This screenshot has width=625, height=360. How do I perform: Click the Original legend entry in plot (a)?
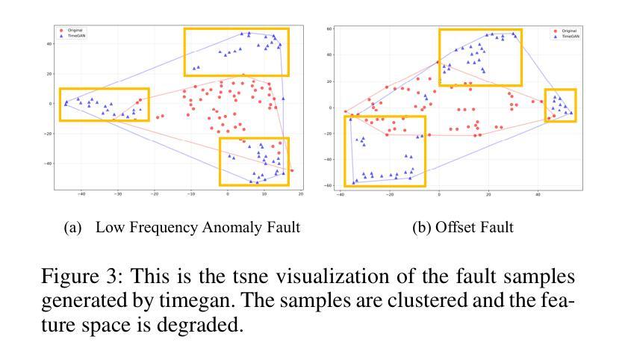pos(73,31)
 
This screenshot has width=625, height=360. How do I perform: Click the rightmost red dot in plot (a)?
pos(292,170)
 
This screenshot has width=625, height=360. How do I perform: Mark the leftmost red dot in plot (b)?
pos(345,111)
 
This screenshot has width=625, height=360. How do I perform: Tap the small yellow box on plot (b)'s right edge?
pos(560,105)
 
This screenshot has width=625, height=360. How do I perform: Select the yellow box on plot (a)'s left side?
pos(104,105)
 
